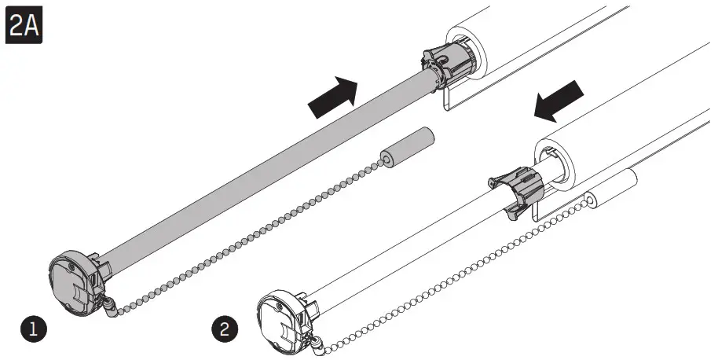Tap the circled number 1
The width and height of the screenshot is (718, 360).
[x=33, y=328]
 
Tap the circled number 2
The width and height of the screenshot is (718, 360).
[x=225, y=328]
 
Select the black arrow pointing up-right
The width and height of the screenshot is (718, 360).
[x=331, y=94]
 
